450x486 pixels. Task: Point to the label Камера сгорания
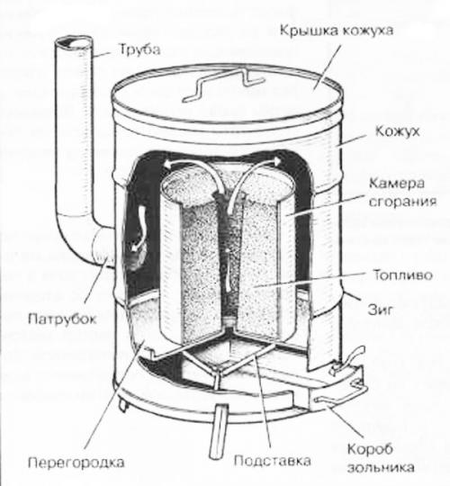tap(402, 195)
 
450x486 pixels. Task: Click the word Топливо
tap(402, 272)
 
